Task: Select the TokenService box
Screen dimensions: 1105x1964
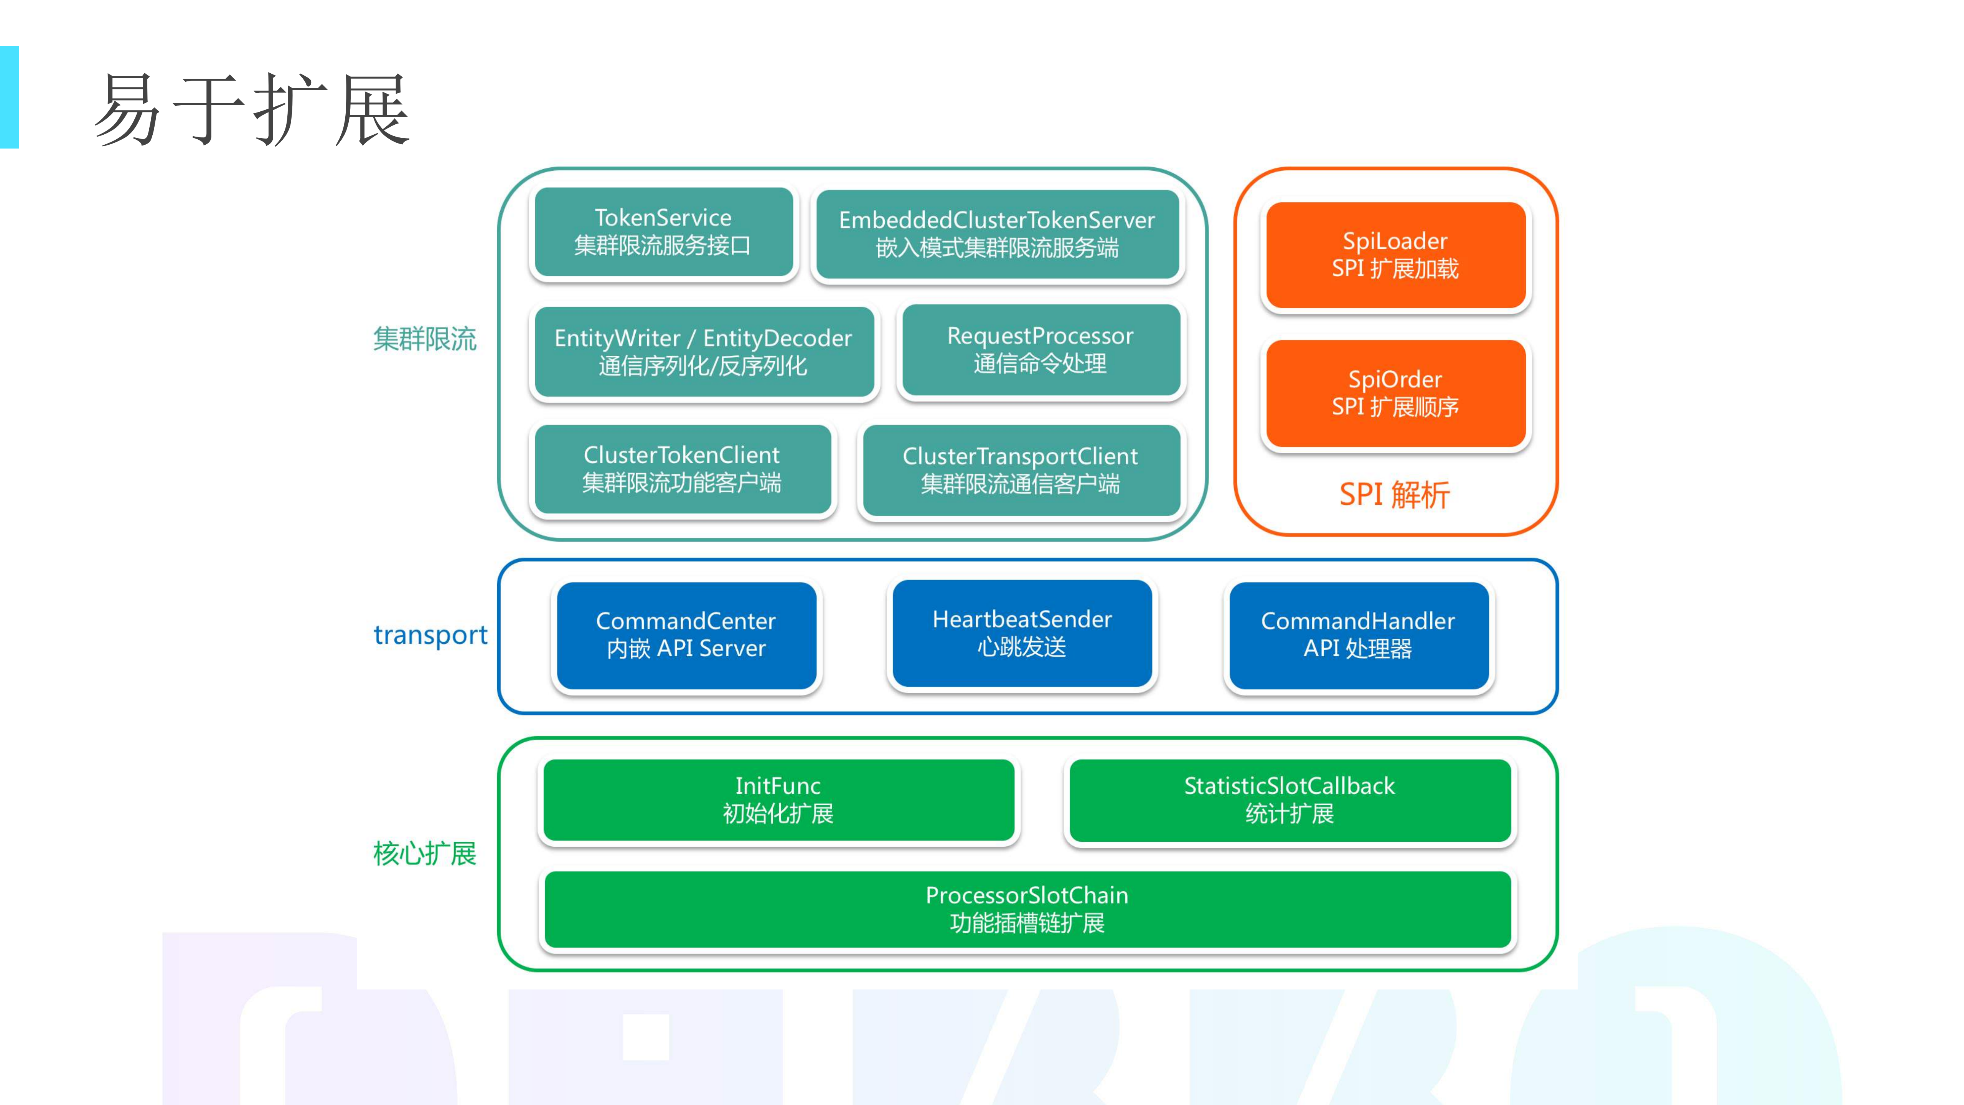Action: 663,232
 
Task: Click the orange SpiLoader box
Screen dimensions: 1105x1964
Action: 1395,255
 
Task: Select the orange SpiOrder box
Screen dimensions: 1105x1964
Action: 1395,393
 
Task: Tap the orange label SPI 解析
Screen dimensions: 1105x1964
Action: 1395,495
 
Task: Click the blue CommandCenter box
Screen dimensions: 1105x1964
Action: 686,634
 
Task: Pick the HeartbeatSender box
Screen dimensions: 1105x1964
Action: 1022,633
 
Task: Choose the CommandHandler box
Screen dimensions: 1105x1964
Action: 1358,634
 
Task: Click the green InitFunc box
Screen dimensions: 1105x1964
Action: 778,799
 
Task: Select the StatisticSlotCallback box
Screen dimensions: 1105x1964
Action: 1289,799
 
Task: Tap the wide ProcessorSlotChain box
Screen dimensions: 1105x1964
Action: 1027,909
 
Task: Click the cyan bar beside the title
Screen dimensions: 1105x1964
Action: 9,97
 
